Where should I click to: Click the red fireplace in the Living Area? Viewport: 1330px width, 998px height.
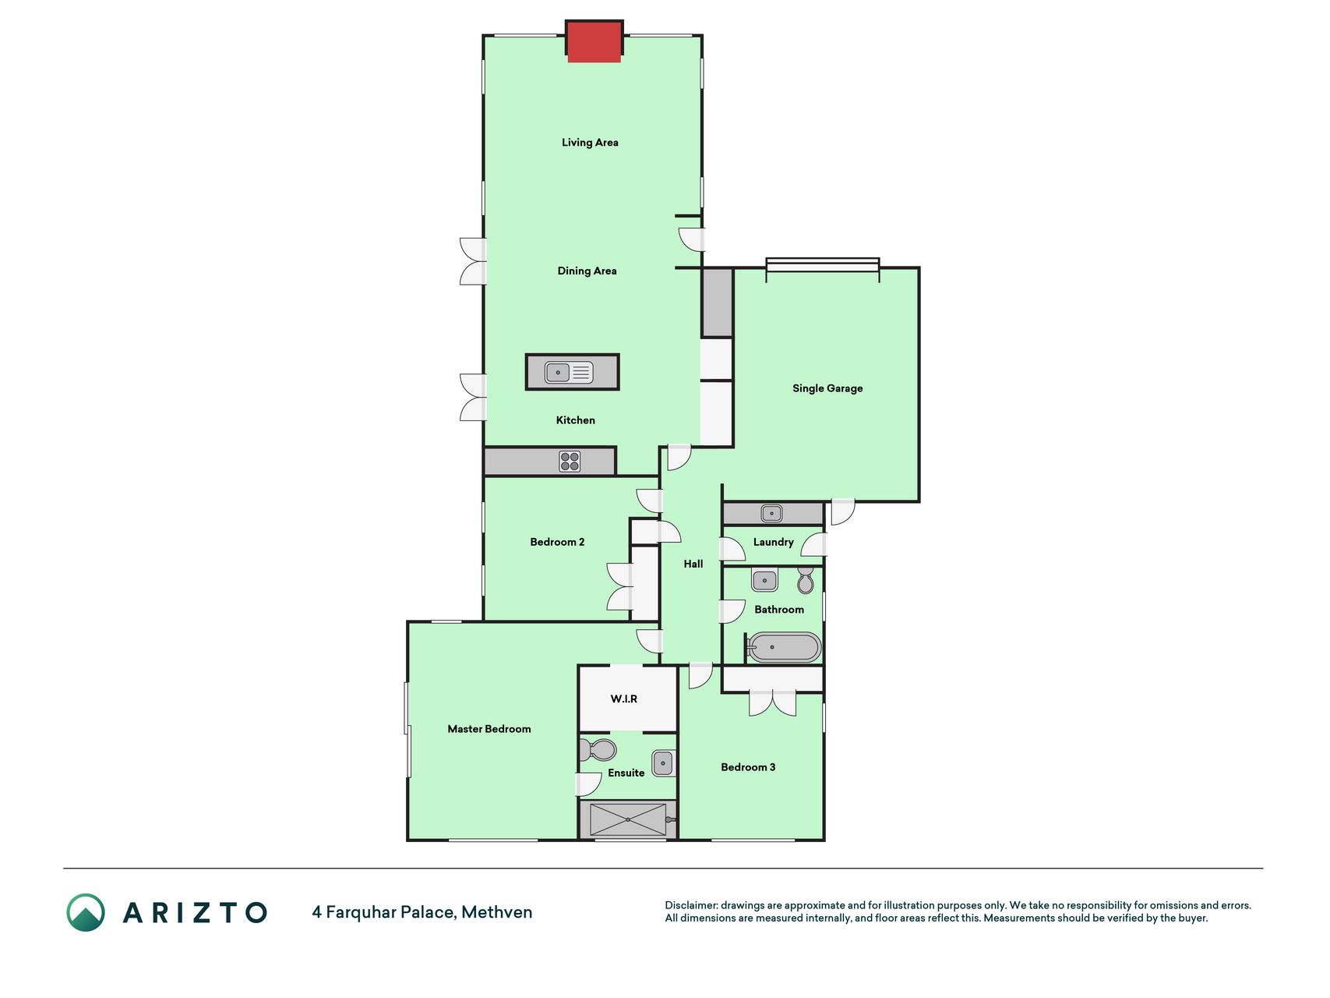[594, 41]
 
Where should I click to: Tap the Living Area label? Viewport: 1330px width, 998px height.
[590, 143]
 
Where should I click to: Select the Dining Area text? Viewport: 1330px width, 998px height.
[587, 271]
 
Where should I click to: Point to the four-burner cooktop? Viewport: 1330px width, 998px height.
[570, 462]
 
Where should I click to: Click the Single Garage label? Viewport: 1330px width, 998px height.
[827, 388]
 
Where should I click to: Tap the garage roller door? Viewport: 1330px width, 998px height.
[823, 265]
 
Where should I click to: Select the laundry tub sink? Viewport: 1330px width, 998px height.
[771, 513]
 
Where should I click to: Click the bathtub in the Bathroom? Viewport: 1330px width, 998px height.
[783, 647]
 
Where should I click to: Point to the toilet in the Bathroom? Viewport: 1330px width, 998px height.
[806, 580]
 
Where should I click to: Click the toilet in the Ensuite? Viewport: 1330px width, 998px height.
[598, 750]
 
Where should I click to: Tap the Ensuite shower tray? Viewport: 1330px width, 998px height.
[628, 819]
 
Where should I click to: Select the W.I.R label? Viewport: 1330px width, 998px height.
[624, 699]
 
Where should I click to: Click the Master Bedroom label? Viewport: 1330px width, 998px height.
[489, 729]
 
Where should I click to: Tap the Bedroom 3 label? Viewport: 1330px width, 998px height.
[748, 767]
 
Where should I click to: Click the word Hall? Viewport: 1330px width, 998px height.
[693, 564]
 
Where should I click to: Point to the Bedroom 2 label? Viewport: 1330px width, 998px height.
[557, 542]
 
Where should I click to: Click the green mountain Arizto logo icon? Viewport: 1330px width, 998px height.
[86, 912]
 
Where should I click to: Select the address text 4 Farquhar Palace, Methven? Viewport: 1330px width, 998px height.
[422, 912]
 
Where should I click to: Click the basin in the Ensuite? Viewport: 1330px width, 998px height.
[663, 763]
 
